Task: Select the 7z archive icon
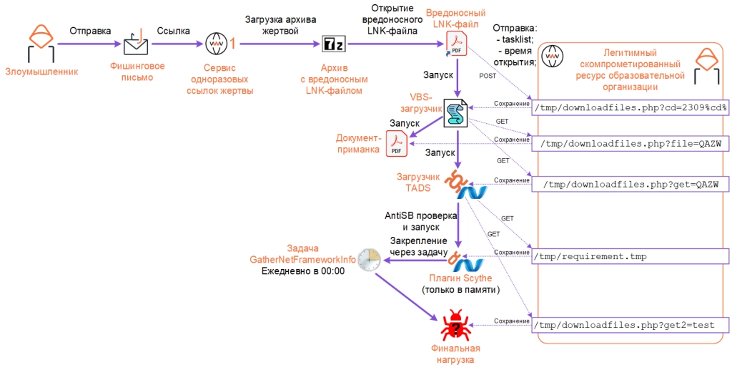(x=332, y=44)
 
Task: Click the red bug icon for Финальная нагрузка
(x=454, y=326)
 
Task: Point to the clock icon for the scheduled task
(x=369, y=260)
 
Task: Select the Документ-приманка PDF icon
(x=396, y=144)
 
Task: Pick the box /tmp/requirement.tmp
(x=629, y=255)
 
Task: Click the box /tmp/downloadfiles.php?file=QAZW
(x=629, y=143)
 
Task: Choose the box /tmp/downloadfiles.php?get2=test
(x=629, y=325)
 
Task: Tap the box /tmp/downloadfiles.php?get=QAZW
(x=629, y=184)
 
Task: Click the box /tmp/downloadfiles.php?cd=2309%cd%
(x=629, y=108)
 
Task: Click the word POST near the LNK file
(x=488, y=75)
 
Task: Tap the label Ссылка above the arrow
(x=173, y=31)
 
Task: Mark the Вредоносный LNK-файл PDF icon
(x=455, y=43)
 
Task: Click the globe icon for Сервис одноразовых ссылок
(x=215, y=44)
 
